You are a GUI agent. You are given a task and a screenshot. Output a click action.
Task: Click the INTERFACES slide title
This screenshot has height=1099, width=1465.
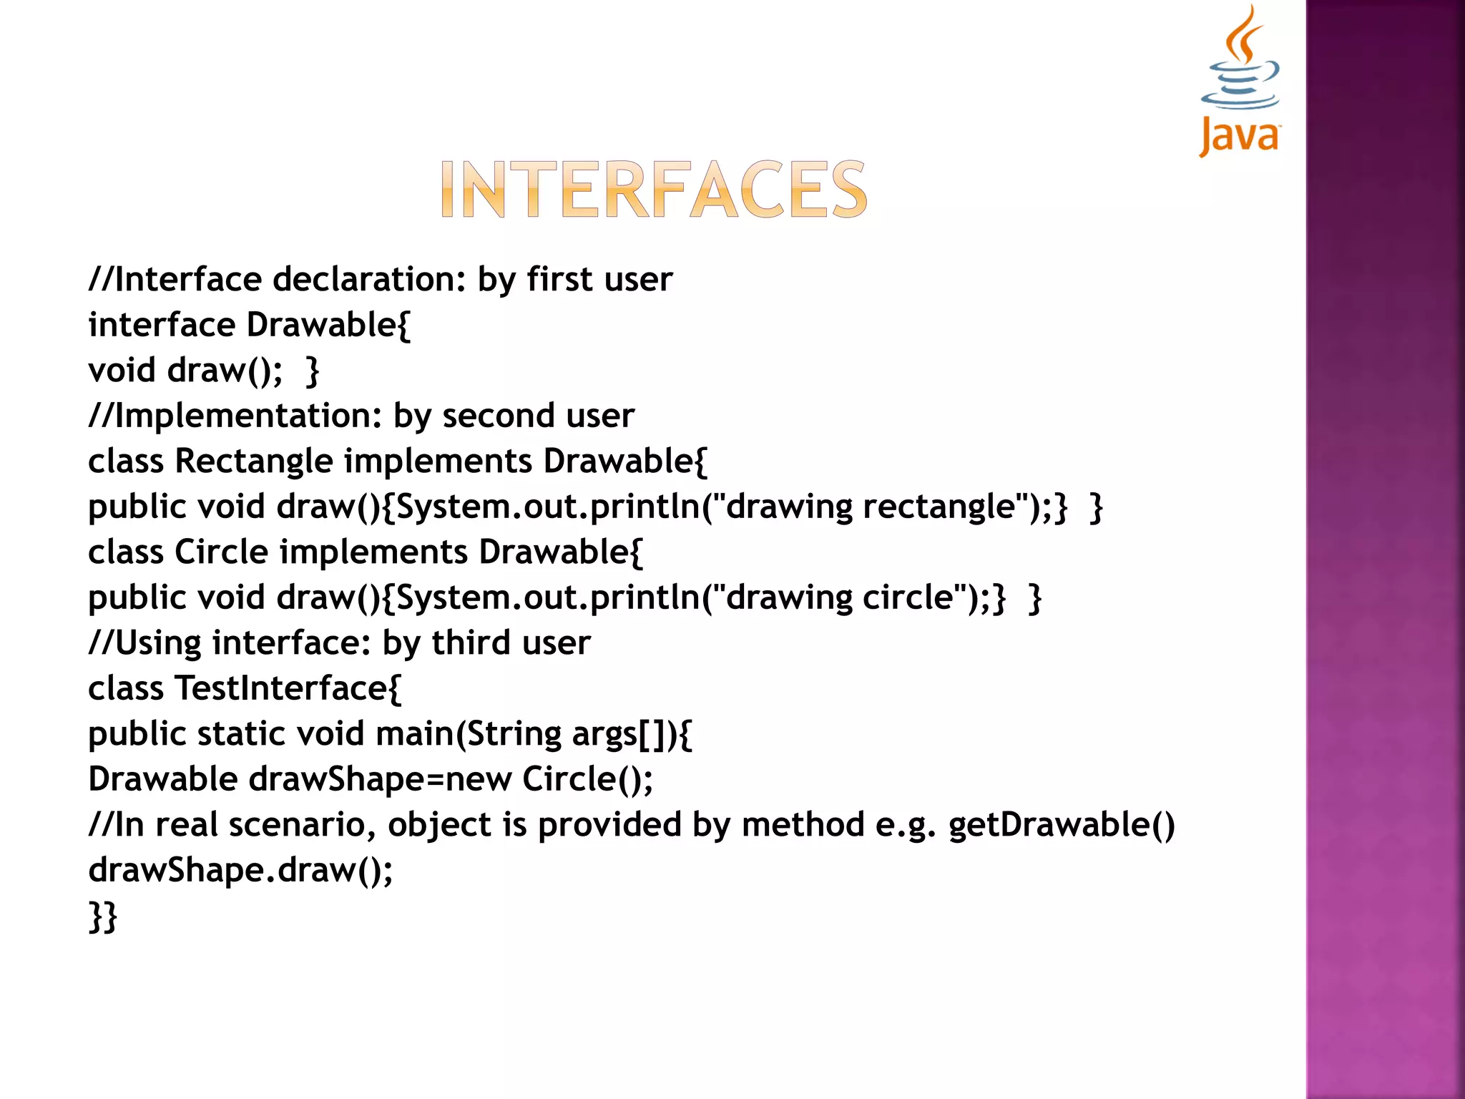point(653,189)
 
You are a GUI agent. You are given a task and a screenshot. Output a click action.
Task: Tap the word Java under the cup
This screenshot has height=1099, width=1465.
point(1240,136)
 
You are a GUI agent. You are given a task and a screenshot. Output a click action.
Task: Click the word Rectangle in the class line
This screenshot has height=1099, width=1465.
point(254,461)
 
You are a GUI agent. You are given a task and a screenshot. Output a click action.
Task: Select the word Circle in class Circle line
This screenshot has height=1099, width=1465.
point(221,552)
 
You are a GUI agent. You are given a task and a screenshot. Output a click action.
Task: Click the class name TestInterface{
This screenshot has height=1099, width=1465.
point(288,688)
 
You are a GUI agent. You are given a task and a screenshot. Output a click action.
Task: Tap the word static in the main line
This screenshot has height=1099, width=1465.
point(241,734)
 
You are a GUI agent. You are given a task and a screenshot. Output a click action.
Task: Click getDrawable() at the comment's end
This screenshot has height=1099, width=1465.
point(1062,825)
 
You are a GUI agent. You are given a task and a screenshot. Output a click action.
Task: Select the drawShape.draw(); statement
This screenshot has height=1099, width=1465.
point(240,871)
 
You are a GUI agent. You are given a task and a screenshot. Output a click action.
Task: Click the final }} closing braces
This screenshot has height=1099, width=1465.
point(102,917)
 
